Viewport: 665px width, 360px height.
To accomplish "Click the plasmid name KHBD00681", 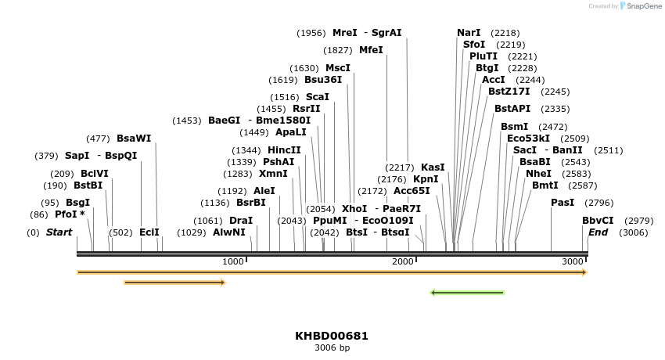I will pos(332,336).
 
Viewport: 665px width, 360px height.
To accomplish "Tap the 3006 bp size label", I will pos(332,347).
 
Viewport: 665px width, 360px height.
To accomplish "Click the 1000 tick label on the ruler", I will pos(233,261).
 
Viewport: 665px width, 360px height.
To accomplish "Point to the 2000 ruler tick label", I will pos(403,261).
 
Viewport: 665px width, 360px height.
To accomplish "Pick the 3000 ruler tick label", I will pos(573,261).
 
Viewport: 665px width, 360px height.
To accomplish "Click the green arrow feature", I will pos(467,293).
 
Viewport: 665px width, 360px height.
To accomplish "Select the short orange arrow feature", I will pos(174,283).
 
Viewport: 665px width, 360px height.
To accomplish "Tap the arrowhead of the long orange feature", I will pos(584,272).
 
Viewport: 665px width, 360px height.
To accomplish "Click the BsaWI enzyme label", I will pos(134,139).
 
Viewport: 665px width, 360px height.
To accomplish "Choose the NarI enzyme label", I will pos(469,33).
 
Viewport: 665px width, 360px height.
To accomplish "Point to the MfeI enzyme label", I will pos(371,50).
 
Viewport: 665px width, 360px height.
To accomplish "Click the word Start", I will pos(59,232).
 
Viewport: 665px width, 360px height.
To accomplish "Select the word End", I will pos(598,232).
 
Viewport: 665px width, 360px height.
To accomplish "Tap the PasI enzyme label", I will pos(563,203).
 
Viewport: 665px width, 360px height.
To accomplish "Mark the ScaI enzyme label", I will pos(318,97).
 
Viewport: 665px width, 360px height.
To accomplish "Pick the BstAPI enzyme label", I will pos(512,109).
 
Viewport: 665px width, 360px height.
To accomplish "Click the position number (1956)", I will pos(311,33).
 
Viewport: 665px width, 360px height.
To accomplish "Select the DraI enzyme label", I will pos(241,221).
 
